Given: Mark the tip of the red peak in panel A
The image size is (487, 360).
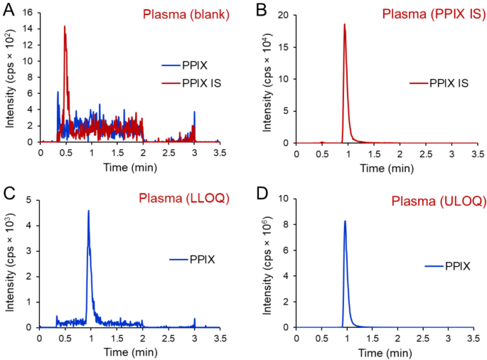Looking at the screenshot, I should (x=65, y=26).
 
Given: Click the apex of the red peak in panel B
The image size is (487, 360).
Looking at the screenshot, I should (x=345, y=24).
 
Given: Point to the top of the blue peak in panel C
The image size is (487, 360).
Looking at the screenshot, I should (x=88, y=211).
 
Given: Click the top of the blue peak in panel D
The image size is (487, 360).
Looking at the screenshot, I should (x=345, y=221).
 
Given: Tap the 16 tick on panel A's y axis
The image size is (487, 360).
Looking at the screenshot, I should (x=30, y=12).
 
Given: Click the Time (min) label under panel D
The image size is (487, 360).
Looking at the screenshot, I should (x=385, y=351).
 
